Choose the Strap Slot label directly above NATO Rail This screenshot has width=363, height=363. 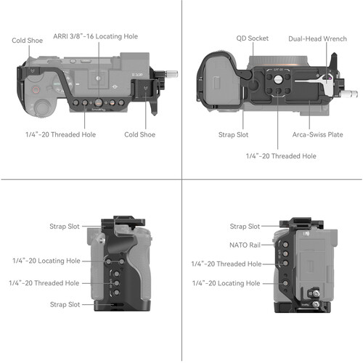pyautogui.click(x=245, y=227)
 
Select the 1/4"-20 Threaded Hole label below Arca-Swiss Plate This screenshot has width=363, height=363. pyautogui.click(x=280, y=155)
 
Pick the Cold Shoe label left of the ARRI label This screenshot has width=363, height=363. pyautogui.click(x=26, y=41)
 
